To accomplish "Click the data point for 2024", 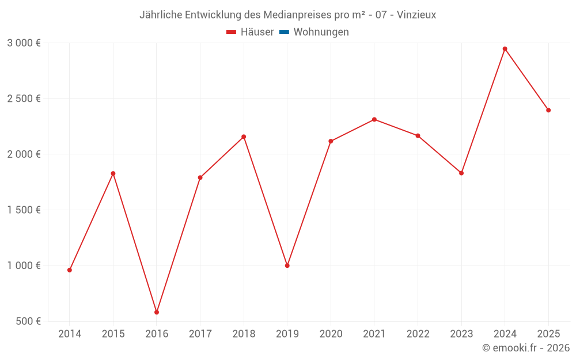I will [505, 49].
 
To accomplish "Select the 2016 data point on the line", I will [157, 312].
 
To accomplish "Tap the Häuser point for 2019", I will [287, 266].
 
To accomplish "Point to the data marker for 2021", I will [374, 119].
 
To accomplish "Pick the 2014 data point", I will [70, 270].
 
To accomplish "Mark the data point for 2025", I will [548, 110].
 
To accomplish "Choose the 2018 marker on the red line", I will [244, 137].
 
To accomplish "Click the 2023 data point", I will [461, 173].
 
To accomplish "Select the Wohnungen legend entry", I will [321, 32].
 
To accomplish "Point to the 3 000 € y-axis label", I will [24, 43].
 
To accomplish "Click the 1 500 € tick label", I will [24, 210].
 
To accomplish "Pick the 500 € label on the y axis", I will [28, 321].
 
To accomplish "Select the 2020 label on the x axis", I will [331, 334].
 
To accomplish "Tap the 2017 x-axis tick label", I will [200, 334].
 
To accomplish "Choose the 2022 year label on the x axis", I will [418, 334].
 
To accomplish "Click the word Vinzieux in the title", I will [416, 15].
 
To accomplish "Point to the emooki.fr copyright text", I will [526, 348].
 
